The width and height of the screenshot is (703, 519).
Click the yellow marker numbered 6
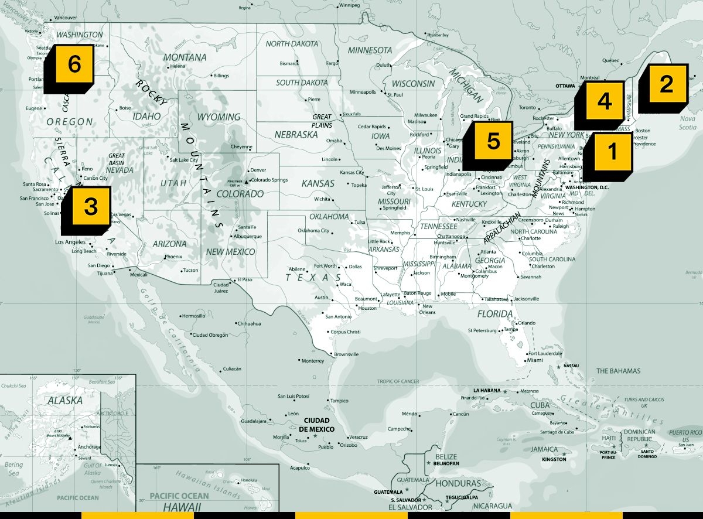click(74, 64)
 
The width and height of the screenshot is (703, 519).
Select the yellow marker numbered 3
click(90, 206)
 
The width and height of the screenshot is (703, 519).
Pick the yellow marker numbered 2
click(666, 85)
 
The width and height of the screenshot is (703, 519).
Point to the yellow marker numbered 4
click(604, 102)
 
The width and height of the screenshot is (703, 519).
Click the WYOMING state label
click(219, 117)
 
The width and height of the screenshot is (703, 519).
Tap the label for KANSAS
click(318, 183)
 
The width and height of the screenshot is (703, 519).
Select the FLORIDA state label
click(495, 314)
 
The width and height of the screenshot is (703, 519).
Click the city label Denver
click(258, 170)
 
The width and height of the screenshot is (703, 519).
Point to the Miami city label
click(535, 360)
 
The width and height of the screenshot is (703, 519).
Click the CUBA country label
click(540, 405)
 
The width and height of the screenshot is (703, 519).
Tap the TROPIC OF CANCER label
click(398, 381)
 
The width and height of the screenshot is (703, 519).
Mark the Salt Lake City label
click(187, 159)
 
